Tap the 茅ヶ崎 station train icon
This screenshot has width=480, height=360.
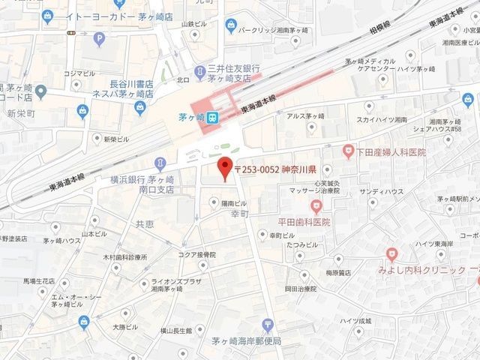pos(213,117)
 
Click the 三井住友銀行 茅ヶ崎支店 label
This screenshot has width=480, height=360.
pos(231,72)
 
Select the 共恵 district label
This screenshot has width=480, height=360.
pos(145,224)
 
